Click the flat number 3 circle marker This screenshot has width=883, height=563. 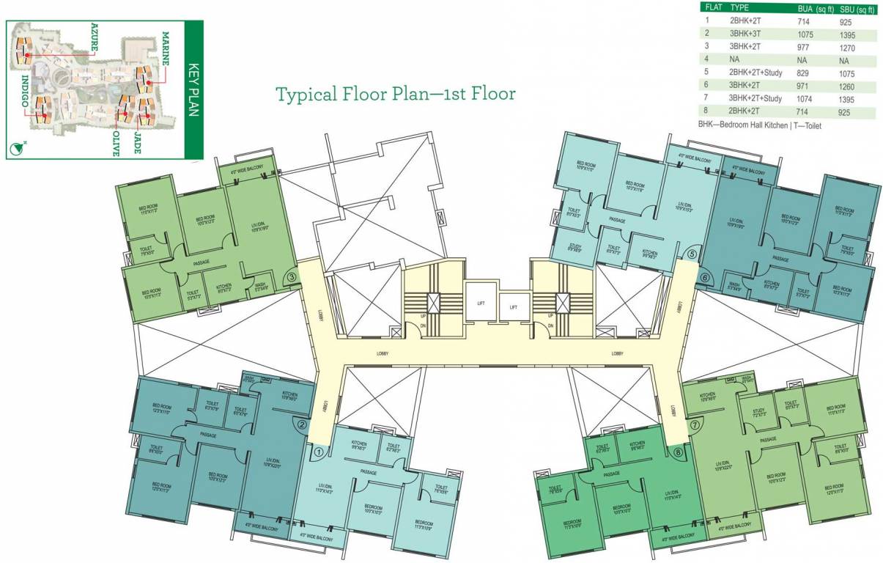291,277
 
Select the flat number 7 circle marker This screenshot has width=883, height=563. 693,424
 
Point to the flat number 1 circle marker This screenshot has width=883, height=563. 318,452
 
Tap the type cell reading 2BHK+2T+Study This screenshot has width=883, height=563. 758,73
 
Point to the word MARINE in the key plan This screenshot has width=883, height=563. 166,48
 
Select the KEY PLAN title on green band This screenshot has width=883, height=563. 193,88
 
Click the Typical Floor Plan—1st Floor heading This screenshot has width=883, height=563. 395,94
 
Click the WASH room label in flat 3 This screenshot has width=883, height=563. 261,286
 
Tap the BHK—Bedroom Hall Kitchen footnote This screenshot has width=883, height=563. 760,125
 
